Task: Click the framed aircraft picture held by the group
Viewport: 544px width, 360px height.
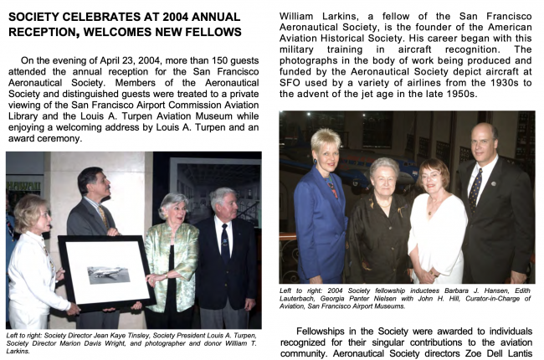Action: click(x=108, y=272)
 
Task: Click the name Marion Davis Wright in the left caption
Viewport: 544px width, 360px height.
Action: click(x=90, y=342)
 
